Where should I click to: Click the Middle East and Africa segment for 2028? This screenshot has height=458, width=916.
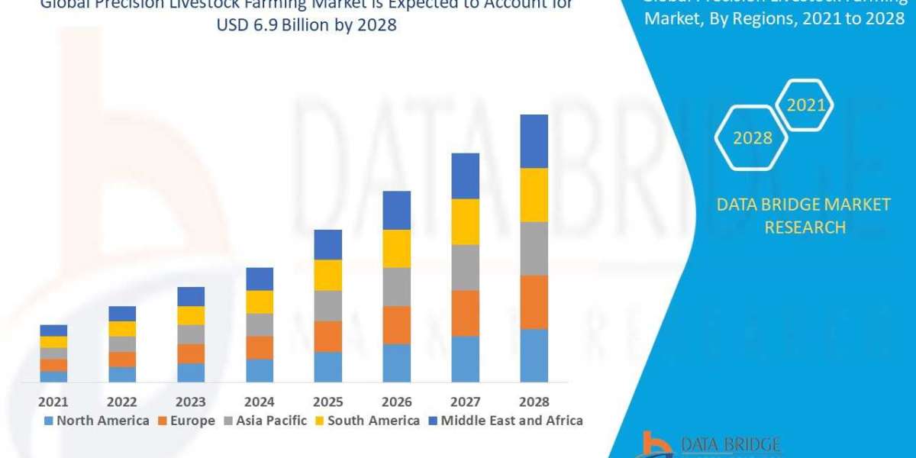(x=534, y=141)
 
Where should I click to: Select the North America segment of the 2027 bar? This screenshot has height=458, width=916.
(x=466, y=359)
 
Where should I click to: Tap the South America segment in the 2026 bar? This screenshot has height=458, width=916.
(x=397, y=248)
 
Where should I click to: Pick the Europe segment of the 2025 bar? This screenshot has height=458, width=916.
(x=328, y=336)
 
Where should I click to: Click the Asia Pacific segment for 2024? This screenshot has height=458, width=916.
(x=260, y=324)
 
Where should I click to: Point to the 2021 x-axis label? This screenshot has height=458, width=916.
(x=53, y=402)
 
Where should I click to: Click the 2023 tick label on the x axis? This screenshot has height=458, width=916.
(x=191, y=402)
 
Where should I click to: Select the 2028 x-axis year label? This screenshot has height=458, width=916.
(x=534, y=402)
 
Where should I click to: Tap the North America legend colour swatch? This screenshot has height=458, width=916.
(x=50, y=421)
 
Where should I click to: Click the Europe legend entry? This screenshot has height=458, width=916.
(x=185, y=421)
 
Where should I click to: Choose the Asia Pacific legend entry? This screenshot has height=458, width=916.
(x=264, y=421)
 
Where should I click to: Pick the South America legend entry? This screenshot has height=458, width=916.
(x=366, y=421)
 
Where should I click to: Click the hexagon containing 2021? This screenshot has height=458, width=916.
(x=806, y=105)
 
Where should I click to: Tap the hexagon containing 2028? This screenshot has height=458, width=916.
(x=752, y=138)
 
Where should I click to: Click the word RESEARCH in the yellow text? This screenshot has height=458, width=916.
(x=804, y=227)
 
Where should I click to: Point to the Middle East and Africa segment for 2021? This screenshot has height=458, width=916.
(x=53, y=331)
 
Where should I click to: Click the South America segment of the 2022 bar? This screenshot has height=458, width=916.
(x=122, y=329)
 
